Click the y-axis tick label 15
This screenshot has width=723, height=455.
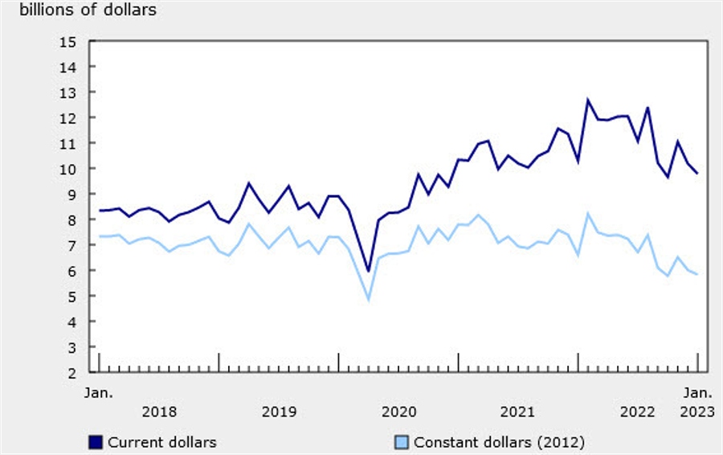(x=67, y=42)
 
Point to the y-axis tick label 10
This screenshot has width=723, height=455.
(x=67, y=169)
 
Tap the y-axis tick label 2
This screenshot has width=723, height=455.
(x=72, y=373)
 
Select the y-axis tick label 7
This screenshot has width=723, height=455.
(x=72, y=245)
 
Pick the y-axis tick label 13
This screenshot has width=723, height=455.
(x=67, y=92)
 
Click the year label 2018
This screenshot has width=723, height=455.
(x=159, y=412)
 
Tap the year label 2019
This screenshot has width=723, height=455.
(x=279, y=412)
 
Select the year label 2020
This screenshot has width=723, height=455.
(x=398, y=412)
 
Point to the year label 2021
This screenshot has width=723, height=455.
(x=518, y=412)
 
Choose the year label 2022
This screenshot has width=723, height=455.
(x=638, y=412)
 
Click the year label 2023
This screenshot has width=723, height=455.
(x=697, y=412)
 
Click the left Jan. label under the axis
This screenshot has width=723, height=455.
(x=99, y=393)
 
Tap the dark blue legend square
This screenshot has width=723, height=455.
(x=96, y=443)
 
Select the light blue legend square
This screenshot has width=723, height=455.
(x=402, y=443)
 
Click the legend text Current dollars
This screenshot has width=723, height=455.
(x=161, y=443)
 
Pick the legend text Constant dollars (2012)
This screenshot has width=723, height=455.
(x=500, y=443)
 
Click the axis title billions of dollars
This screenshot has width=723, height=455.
(x=88, y=10)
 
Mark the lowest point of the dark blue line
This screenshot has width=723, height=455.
(x=369, y=272)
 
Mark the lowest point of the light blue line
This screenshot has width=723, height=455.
(x=369, y=300)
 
